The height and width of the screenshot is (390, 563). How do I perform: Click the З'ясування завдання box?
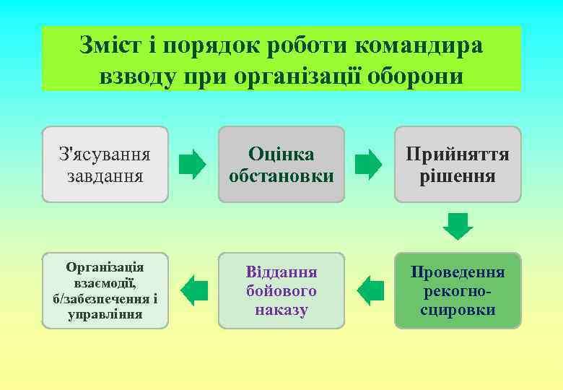coord(105,164)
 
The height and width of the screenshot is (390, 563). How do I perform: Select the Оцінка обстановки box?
coord(281,164)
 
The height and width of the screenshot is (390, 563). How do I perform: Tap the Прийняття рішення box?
coord(457,164)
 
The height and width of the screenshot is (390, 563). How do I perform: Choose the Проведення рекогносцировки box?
coord(457,290)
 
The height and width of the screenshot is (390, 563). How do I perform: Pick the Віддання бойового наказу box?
coord(281,290)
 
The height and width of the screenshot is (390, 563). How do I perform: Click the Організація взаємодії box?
coord(105,290)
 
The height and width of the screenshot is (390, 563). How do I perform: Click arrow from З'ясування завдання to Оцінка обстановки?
coord(192,165)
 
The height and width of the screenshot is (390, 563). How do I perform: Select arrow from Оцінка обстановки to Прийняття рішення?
coord(369,165)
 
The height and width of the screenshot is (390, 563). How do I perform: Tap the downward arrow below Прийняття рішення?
coord(458,226)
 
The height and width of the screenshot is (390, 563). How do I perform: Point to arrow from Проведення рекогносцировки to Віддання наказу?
coord(370,291)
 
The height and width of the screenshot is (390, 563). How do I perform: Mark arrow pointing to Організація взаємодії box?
coord(193,291)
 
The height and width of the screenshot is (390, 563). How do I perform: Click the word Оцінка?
coord(281,154)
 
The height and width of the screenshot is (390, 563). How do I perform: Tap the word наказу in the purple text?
coord(281,310)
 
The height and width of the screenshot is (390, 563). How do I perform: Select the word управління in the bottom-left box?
coord(105,314)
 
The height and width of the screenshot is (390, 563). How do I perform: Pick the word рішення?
coord(458,175)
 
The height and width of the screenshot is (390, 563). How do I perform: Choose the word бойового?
coord(281,291)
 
